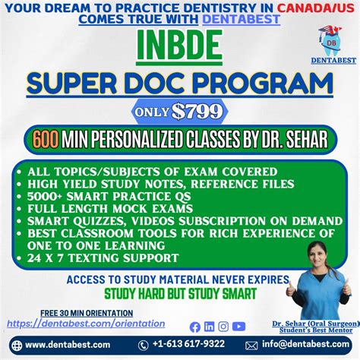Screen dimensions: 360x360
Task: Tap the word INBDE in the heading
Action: (180, 49)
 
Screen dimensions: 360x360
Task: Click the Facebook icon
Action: (195, 327)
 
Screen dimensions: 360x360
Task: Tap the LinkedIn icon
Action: (210, 327)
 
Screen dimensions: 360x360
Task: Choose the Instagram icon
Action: (223, 327)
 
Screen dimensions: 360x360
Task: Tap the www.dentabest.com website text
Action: (68, 345)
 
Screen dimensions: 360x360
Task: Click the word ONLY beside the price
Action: (153, 112)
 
